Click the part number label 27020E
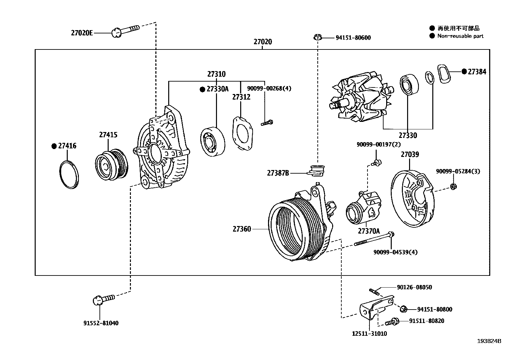click(x=82, y=33)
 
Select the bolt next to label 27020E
click(x=126, y=30)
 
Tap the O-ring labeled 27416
click(x=69, y=175)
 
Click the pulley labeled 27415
click(x=111, y=165)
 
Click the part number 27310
click(x=216, y=74)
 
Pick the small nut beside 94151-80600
click(x=317, y=37)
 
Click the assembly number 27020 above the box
click(x=262, y=42)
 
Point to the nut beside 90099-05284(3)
click(x=453, y=186)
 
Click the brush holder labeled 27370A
click(x=363, y=208)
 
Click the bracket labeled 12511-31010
click(x=373, y=310)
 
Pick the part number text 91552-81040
click(x=101, y=323)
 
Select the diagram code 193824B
click(x=489, y=341)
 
